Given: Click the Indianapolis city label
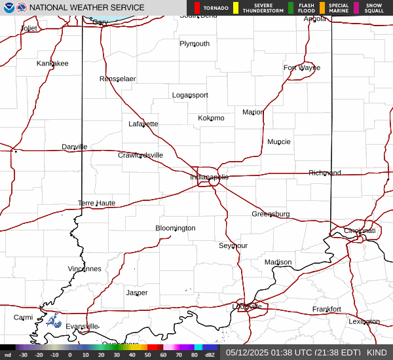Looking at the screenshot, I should tap(210, 177).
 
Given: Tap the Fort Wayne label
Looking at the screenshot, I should tap(302, 67).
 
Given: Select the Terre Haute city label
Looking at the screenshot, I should tap(96, 203).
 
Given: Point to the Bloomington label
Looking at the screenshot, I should tap(175, 228).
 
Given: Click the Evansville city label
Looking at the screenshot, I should tap(82, 326).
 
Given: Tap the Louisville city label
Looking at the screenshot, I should tap(247, 306).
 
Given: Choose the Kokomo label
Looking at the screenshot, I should tap(211, 118).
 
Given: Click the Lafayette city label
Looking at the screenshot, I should tap(143, 124).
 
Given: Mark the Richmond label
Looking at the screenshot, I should tap(325, 173).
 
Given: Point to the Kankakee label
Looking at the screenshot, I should tap(52, 63).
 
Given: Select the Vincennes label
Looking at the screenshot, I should tap(84, 268).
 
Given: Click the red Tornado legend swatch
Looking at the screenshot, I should tap(197, 8).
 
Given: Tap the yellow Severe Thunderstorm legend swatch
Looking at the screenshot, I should tap(236, 8).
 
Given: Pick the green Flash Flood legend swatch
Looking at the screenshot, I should tap(290, 8).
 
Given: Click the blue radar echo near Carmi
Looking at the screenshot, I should tap(54, 321).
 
